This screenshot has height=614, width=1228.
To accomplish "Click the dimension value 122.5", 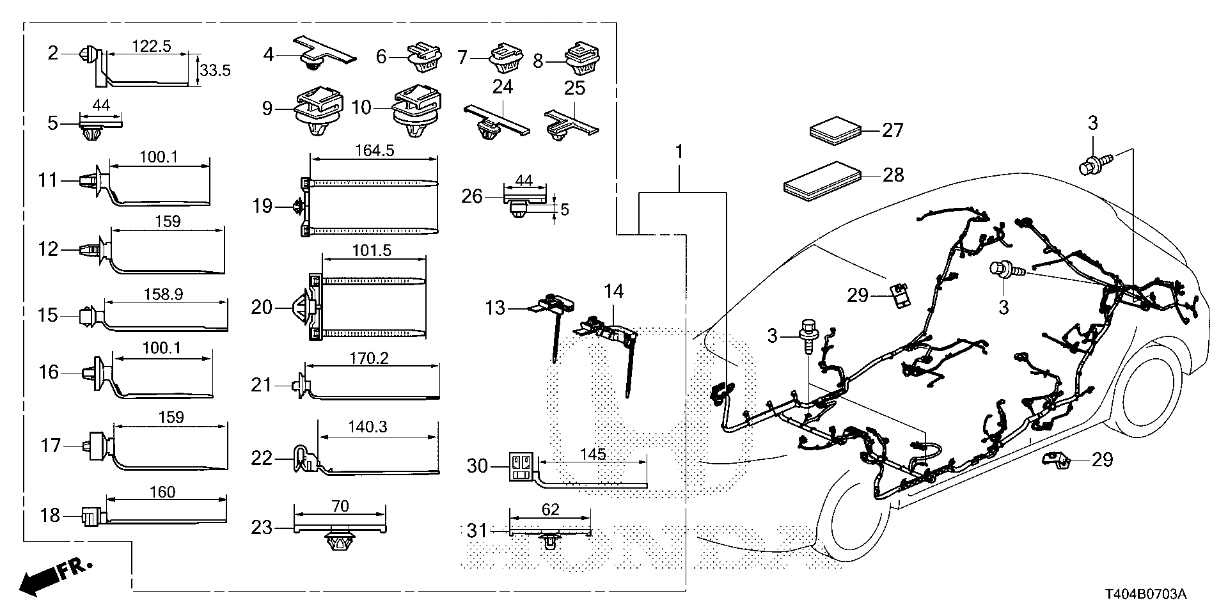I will tap(151, 46).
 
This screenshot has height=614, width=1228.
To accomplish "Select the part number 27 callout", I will tap(892, 130).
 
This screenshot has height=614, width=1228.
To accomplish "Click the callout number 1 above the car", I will tap(679, 152).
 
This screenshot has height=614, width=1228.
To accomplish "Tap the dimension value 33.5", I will tap(214, 70).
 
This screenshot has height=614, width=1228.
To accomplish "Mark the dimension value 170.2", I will tap(370, 360).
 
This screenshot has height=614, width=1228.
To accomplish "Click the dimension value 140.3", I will tap(368, 427).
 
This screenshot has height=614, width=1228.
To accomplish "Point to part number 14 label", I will tap(613, 292).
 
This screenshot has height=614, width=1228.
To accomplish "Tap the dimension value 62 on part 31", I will tap(550, 510).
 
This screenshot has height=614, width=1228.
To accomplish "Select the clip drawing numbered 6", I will tap(423, 57).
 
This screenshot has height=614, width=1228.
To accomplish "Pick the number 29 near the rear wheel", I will tap(1102, 459).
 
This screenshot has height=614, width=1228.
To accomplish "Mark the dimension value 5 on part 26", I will tap(564, 209).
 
